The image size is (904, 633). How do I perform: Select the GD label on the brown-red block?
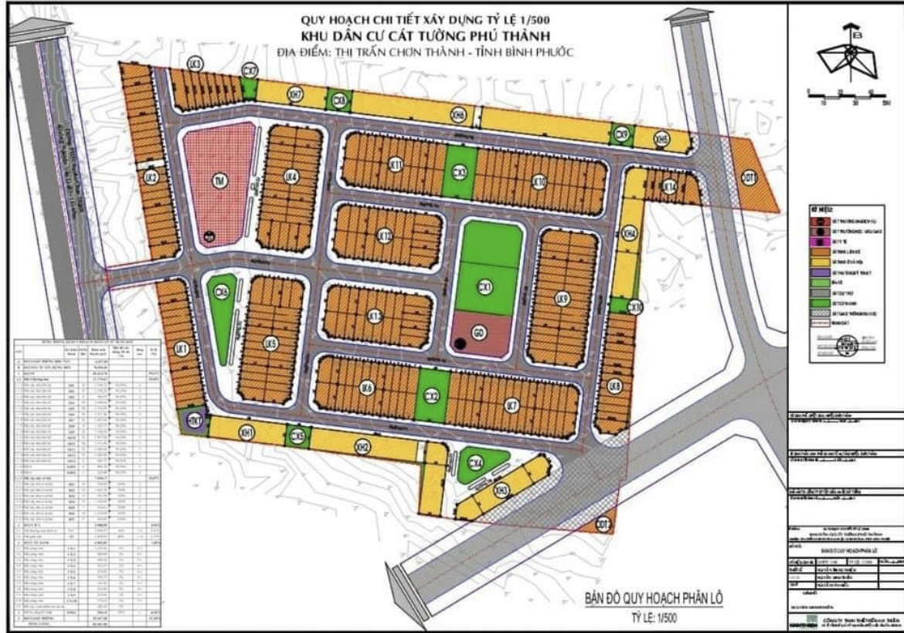[x=479, y=332]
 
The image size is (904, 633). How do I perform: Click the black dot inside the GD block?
[x=460, y=344]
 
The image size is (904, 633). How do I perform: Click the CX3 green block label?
[x=460, y=172]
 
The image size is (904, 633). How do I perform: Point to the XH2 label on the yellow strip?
[x=362, y=445]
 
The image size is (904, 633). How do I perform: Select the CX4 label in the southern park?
[x=475, y=463]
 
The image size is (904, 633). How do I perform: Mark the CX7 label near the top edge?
[x=250, y=71]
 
